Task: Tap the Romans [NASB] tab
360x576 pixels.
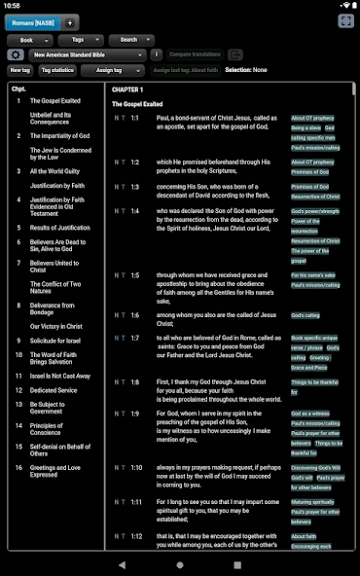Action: pos(32,21)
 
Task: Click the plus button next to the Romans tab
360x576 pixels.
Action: pos(70,21)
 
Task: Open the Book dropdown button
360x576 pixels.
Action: pos(29,40)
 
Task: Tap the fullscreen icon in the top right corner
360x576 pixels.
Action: pos(345,21)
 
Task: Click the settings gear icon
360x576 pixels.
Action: pos(16,55)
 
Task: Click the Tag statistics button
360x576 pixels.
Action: pos(57,70)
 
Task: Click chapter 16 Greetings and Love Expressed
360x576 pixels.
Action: pos(57,471)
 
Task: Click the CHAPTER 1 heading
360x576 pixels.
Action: pos(127,90)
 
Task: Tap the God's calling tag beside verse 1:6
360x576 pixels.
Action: pos(305,316)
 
